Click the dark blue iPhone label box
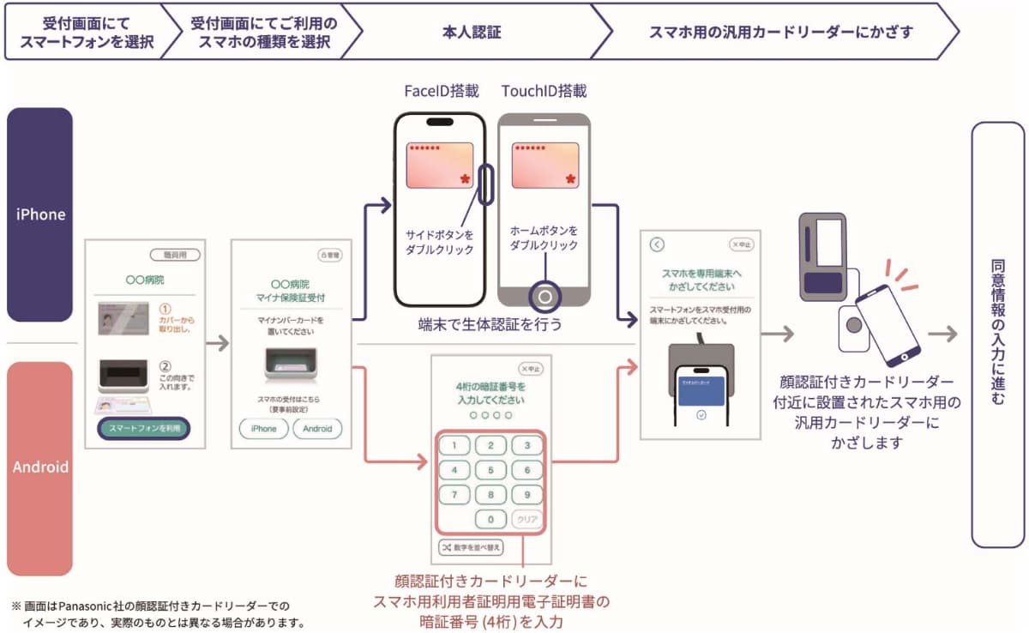point(40,214)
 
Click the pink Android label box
point(40,467)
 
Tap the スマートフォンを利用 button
point(144,428)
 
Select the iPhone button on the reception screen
point(263,428)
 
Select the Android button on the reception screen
point(317,428)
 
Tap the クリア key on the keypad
point(527,519)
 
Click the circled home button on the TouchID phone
point(544,297)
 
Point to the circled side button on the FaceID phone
point(486,185)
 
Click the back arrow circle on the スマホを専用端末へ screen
point(658,244)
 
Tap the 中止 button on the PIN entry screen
point(530,370)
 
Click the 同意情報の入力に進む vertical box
point(997,335)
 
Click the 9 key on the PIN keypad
point(527,495)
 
